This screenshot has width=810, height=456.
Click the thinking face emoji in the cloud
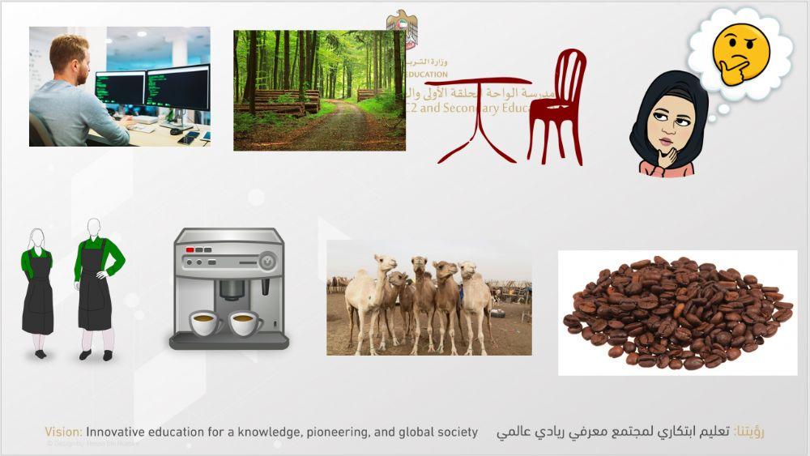point(740,55)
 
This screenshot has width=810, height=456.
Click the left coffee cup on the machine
point(206,323)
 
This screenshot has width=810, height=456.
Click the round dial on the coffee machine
point(266,262)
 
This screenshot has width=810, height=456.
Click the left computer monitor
point(120,89)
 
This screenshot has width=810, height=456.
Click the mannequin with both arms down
point(37,288)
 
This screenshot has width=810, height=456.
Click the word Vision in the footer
point(63,433)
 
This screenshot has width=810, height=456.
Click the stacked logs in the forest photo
point(279,101)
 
